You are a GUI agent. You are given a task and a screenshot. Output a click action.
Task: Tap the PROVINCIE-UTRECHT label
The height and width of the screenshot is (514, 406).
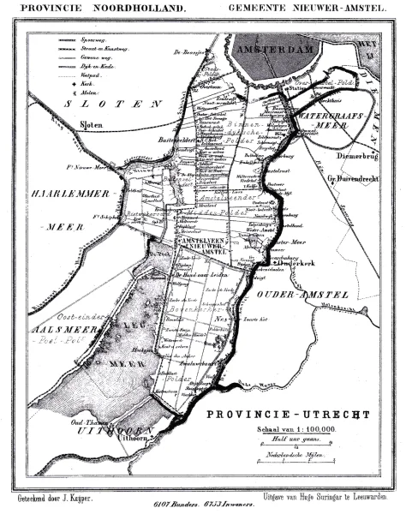coord(294,415)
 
